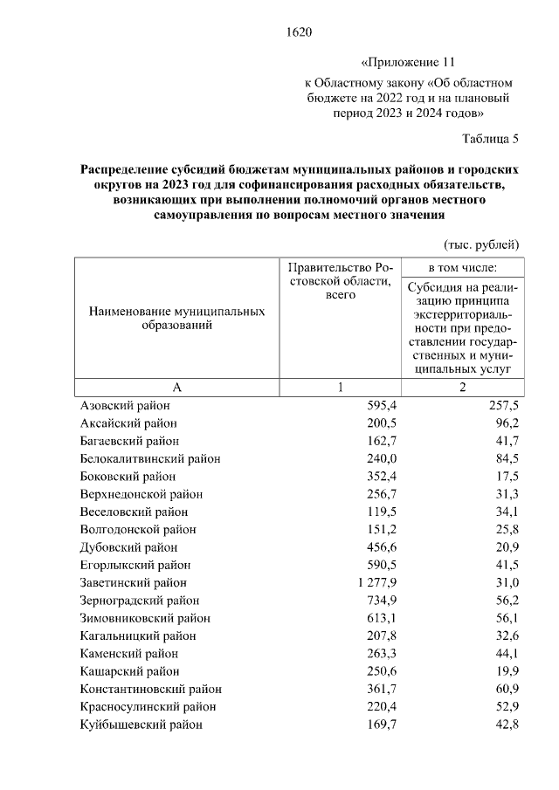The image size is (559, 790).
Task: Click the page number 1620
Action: point(299,33)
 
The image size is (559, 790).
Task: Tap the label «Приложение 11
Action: point(408,64)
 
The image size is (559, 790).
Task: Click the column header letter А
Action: point(176,388)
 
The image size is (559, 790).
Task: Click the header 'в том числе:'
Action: point(462,265)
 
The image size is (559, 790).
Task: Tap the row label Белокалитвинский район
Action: point(149,458)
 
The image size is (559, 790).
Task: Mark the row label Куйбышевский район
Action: point(141,724)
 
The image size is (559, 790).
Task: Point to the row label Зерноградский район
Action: point(139,600)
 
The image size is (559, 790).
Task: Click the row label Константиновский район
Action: point(150,688)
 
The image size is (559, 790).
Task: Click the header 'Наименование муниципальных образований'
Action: point(176,318)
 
